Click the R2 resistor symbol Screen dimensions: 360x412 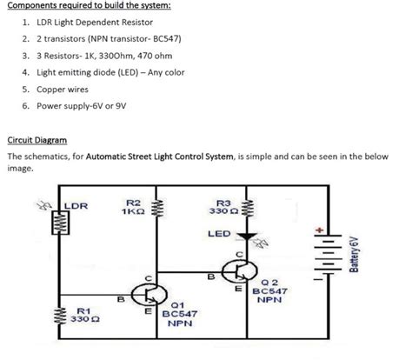(158, 210)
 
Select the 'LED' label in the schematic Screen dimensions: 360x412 (219, 234)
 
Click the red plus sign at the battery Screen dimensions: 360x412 (320, 230)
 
